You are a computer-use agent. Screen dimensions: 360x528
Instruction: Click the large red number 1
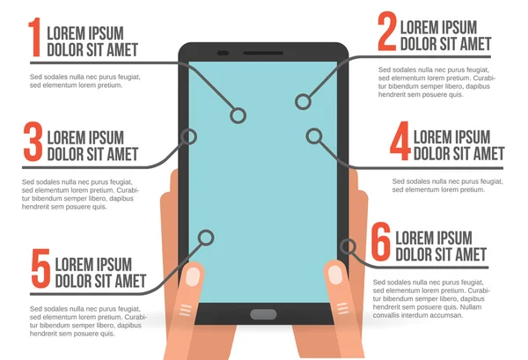coord(34,38)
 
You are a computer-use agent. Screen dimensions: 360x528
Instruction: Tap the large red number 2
coord(387,33)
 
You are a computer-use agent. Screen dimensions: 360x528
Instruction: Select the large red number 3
coord(33,143)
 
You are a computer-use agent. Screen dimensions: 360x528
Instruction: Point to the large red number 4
coord(400,142)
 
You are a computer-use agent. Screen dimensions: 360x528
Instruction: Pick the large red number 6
coord(380,243)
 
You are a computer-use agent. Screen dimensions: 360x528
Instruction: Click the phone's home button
coord(262,314)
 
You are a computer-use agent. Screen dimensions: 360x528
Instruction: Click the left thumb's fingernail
coord(193,276)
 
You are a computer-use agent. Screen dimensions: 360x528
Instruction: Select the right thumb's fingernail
coord(335,274)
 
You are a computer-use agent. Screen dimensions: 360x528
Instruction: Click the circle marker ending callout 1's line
coord(237,115)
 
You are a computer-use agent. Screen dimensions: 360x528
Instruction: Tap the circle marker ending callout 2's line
coord(303,102)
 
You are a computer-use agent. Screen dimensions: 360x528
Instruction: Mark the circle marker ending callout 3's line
coord(187,136)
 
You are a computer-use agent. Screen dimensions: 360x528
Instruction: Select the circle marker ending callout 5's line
coord(206,237)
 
